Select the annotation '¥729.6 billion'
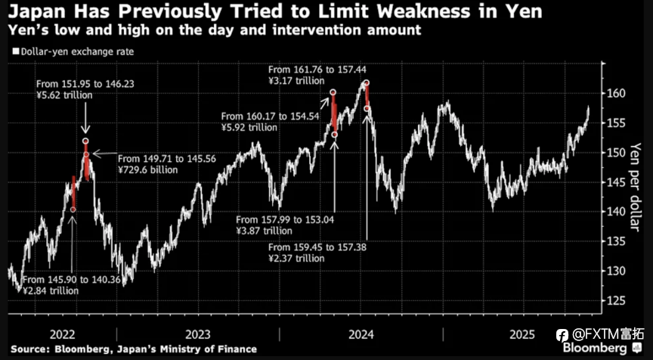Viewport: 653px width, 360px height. (149, 171)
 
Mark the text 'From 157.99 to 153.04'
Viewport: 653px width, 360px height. (286, 219)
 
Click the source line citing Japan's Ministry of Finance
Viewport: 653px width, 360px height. (134, 349)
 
